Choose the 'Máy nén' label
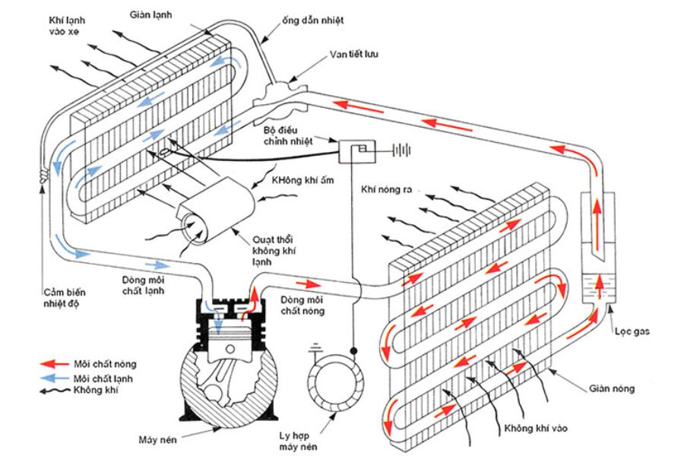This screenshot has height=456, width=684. [159, 439]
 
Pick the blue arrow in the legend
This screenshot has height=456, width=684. [54, 378]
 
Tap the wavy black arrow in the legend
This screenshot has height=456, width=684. [54, 390]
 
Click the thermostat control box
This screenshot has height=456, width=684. [357, 150]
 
